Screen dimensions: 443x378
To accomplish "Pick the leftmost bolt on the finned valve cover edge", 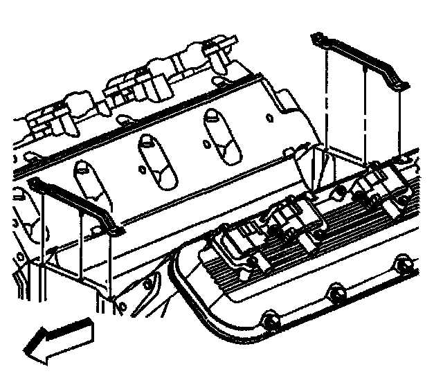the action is coord(269,320).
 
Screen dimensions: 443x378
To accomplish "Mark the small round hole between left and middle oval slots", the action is coord(142,168).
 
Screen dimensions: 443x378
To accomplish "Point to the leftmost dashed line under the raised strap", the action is coord(325,97).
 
